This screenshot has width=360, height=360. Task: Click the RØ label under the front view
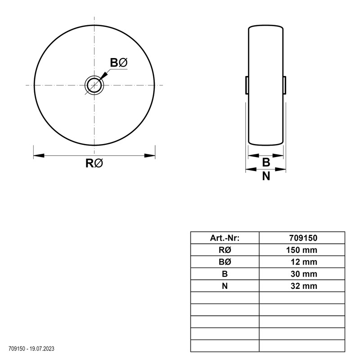coord(94,164)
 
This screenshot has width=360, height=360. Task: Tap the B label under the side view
coord(266,162)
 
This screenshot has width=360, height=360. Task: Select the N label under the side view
coord(266,176)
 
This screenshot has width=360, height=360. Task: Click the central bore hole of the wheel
coord(94,85)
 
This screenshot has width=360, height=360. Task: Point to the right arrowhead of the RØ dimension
coord(149,156)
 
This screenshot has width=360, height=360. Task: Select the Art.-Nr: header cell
coord(225,238)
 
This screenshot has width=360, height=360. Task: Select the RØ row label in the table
coord(225,250)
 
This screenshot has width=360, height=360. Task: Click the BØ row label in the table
coord(225,262)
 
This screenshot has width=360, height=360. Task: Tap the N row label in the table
coord(225,286)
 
